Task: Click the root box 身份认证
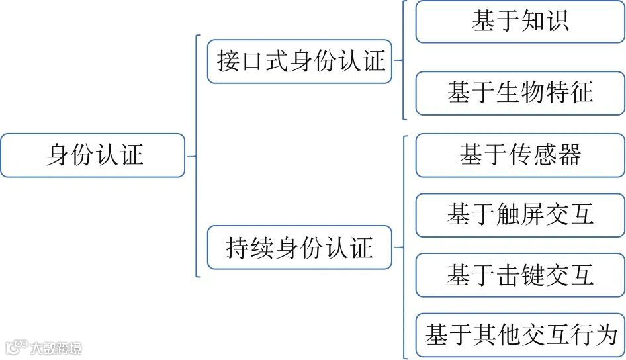pos(93,156)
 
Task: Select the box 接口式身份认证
pos(300,62)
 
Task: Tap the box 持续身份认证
pos(300,248)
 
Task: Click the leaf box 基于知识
pos(519,22)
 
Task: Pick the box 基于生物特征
pos(519,93)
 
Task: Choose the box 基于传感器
pos(519,155)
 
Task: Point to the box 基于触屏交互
pos(519,215)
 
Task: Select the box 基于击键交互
pos(519,275)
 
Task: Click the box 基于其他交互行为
pos(519,335)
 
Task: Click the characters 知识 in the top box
pos(545,22)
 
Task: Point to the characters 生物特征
pos(545,93)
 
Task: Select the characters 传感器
pos(545,155)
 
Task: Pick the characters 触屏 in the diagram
pos(519,215)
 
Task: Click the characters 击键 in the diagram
pos(519,275)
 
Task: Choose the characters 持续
pos(249,248)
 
